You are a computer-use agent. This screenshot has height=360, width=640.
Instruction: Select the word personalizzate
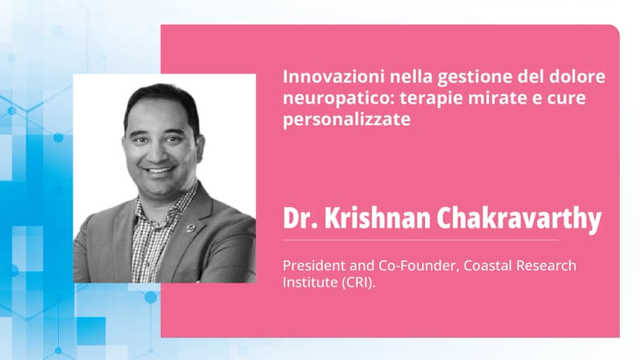(x=346, y=120)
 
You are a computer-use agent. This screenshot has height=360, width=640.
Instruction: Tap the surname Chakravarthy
(x=519, y=219)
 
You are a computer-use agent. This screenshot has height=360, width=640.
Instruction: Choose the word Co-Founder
(x=417, y=266)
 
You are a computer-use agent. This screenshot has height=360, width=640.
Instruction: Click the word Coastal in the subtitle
(x=488, y=266)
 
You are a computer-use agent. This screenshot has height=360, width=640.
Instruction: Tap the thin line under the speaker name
(x=420, y=240)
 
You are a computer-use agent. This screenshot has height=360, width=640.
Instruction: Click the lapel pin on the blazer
(x=191, y=228)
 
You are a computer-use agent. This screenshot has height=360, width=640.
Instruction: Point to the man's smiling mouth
(x=159, y=170)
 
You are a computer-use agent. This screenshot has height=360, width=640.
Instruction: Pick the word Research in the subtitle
(x=546, y=266)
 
